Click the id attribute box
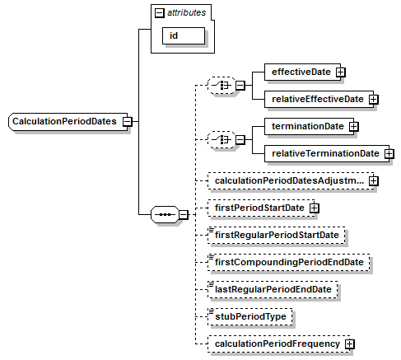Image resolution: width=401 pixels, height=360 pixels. click(x=184, y=35)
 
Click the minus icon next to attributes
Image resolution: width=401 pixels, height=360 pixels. click(x=159, y=12)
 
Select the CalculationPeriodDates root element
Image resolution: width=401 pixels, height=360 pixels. click(x=68, y=121)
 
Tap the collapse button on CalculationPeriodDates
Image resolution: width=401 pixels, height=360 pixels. click(x=128, y=121)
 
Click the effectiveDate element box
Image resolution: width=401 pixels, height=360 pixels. click(x=302, y=72)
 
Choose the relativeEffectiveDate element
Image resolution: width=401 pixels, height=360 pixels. click(x=319, y=99)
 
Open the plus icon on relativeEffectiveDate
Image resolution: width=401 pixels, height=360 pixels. click(x=374, y=99)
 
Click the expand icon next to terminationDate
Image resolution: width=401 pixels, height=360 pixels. click(x=354, y=126)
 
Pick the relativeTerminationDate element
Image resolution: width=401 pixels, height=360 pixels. click(x=327, y=153)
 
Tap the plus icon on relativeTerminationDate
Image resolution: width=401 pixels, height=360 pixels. click(x=389, y=153)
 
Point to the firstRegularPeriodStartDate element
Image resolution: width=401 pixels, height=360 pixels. click(x=277, y=235)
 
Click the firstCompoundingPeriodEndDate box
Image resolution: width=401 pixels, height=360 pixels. click(x=289, y=262)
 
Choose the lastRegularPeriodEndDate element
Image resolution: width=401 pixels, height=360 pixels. click(x=273, y=289)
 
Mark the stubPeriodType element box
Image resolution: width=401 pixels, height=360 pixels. click(x=250, y=316)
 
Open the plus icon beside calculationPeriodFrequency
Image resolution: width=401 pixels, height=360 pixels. click(x=350, y=344)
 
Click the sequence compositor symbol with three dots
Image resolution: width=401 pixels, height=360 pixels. click(x=165, y=214)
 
